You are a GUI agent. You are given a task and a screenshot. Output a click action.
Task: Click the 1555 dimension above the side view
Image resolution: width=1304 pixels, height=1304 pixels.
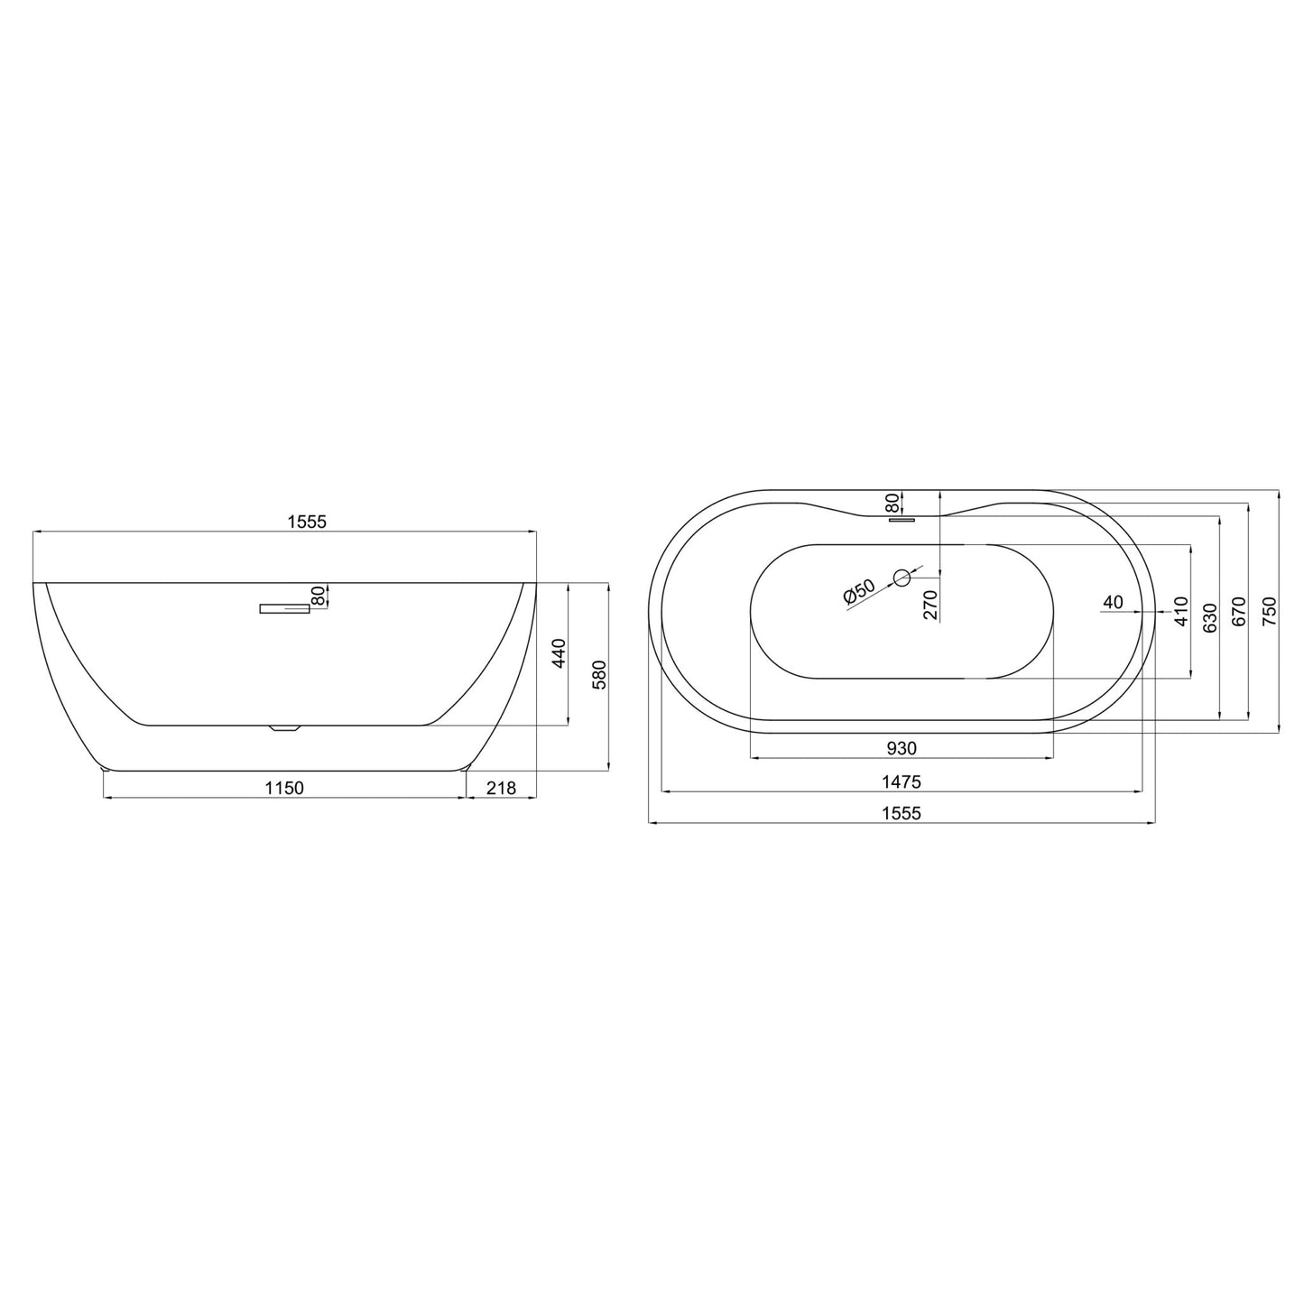306,521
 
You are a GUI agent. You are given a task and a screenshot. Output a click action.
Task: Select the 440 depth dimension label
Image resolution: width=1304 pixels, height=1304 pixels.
558,653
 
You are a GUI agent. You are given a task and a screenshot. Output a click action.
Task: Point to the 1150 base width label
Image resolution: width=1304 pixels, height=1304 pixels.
284,788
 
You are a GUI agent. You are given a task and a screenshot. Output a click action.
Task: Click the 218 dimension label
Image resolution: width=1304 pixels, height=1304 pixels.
501,788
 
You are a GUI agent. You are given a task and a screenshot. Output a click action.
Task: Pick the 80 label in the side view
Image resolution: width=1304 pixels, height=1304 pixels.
318,596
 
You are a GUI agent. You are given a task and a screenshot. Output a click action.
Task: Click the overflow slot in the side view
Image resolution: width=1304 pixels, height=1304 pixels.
284,609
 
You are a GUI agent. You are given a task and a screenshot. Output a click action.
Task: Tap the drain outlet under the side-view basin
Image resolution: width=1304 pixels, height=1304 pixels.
285,727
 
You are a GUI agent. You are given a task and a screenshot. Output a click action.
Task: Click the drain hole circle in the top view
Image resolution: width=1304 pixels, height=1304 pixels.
901,578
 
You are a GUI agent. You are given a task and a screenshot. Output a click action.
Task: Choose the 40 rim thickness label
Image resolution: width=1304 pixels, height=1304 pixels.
1113,602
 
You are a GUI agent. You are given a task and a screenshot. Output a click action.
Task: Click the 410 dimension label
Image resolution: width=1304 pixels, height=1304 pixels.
1181,612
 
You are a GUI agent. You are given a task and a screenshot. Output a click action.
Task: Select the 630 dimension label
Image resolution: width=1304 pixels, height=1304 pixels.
1210,617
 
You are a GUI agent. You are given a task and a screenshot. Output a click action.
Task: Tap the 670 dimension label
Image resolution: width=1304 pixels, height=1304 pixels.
1238,612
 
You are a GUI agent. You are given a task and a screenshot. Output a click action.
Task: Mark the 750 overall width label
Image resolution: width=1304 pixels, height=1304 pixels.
1269,612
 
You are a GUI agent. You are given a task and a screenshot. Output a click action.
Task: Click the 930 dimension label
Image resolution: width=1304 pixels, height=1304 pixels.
902,748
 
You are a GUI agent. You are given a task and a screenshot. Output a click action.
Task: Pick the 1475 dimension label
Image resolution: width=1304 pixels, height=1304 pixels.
902,781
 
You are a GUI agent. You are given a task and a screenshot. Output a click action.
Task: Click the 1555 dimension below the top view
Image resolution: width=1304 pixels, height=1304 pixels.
902,813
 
